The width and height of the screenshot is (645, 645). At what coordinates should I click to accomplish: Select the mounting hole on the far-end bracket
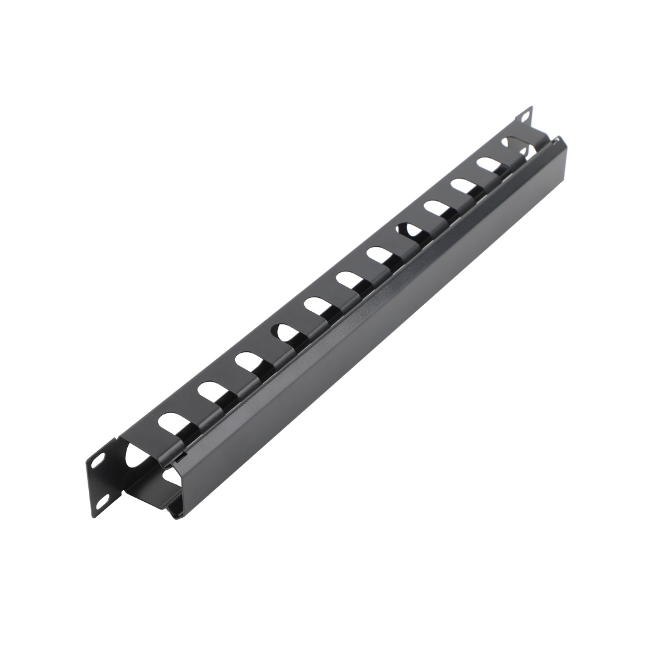pos(524,118)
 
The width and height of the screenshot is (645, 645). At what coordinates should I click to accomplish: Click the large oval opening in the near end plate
pos(135,455)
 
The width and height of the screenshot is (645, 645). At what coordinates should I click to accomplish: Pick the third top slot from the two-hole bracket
pos(245,360)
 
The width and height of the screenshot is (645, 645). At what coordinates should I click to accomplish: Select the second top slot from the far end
pos(488,163)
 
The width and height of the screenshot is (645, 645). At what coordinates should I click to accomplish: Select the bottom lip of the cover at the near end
pos(176,515)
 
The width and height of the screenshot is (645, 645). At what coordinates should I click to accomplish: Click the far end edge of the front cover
pos(561,151)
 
